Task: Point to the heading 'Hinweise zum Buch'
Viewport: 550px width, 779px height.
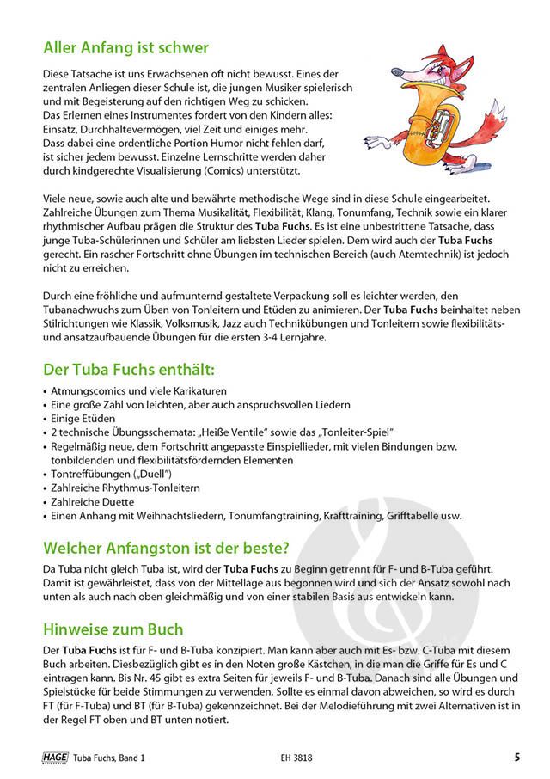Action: coord(112,630)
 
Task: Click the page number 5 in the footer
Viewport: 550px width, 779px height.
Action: coord(517,758)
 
